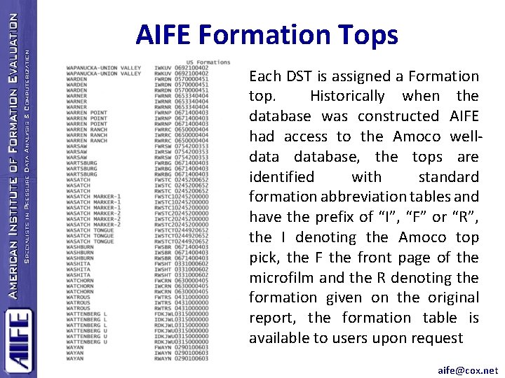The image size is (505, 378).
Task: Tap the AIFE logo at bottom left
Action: pyautogui.click(x=18, y=339)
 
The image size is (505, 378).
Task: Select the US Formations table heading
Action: pyautogui.click(x=208, y=62)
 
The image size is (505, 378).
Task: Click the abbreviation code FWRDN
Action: pyautogui.click(x=163, y=78)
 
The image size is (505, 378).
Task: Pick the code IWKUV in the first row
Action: pyautogui.click(x=163, y=68)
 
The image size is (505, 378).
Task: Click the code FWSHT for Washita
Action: pyautogui.click(x=163, y=262)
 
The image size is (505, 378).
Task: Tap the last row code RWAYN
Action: pyautogui.click(x=163, y=358)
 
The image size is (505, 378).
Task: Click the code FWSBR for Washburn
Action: pyautogui.click(x=163, y=247)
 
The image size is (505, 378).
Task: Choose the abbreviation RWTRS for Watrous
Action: pyautogui.click(x=163, y=309)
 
